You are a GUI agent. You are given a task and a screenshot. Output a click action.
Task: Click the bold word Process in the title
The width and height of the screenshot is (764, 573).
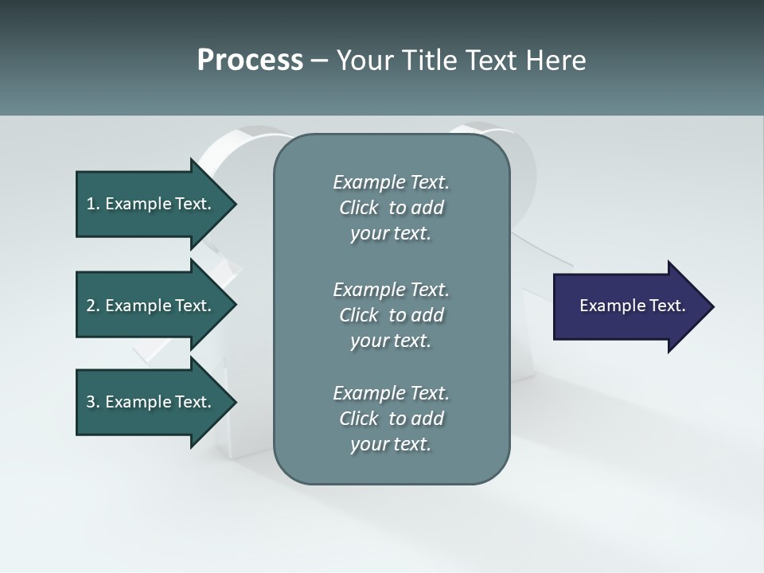pos(250,60)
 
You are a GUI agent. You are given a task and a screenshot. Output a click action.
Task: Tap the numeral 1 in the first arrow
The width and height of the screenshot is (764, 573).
pos(91,204)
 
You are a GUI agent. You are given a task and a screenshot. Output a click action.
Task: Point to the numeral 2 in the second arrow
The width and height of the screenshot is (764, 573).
pos(91,306)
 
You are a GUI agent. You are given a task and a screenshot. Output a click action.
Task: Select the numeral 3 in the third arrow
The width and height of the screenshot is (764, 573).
pos(91,402)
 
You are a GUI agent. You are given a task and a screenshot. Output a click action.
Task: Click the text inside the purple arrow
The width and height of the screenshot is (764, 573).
pos(633,306)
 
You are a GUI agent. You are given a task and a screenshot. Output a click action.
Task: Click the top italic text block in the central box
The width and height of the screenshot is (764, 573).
pos(391,208)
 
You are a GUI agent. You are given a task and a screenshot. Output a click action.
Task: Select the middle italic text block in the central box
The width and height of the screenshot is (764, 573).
pos(391,315)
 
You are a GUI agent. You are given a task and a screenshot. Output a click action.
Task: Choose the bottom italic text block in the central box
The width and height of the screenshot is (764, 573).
pos(391,419)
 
